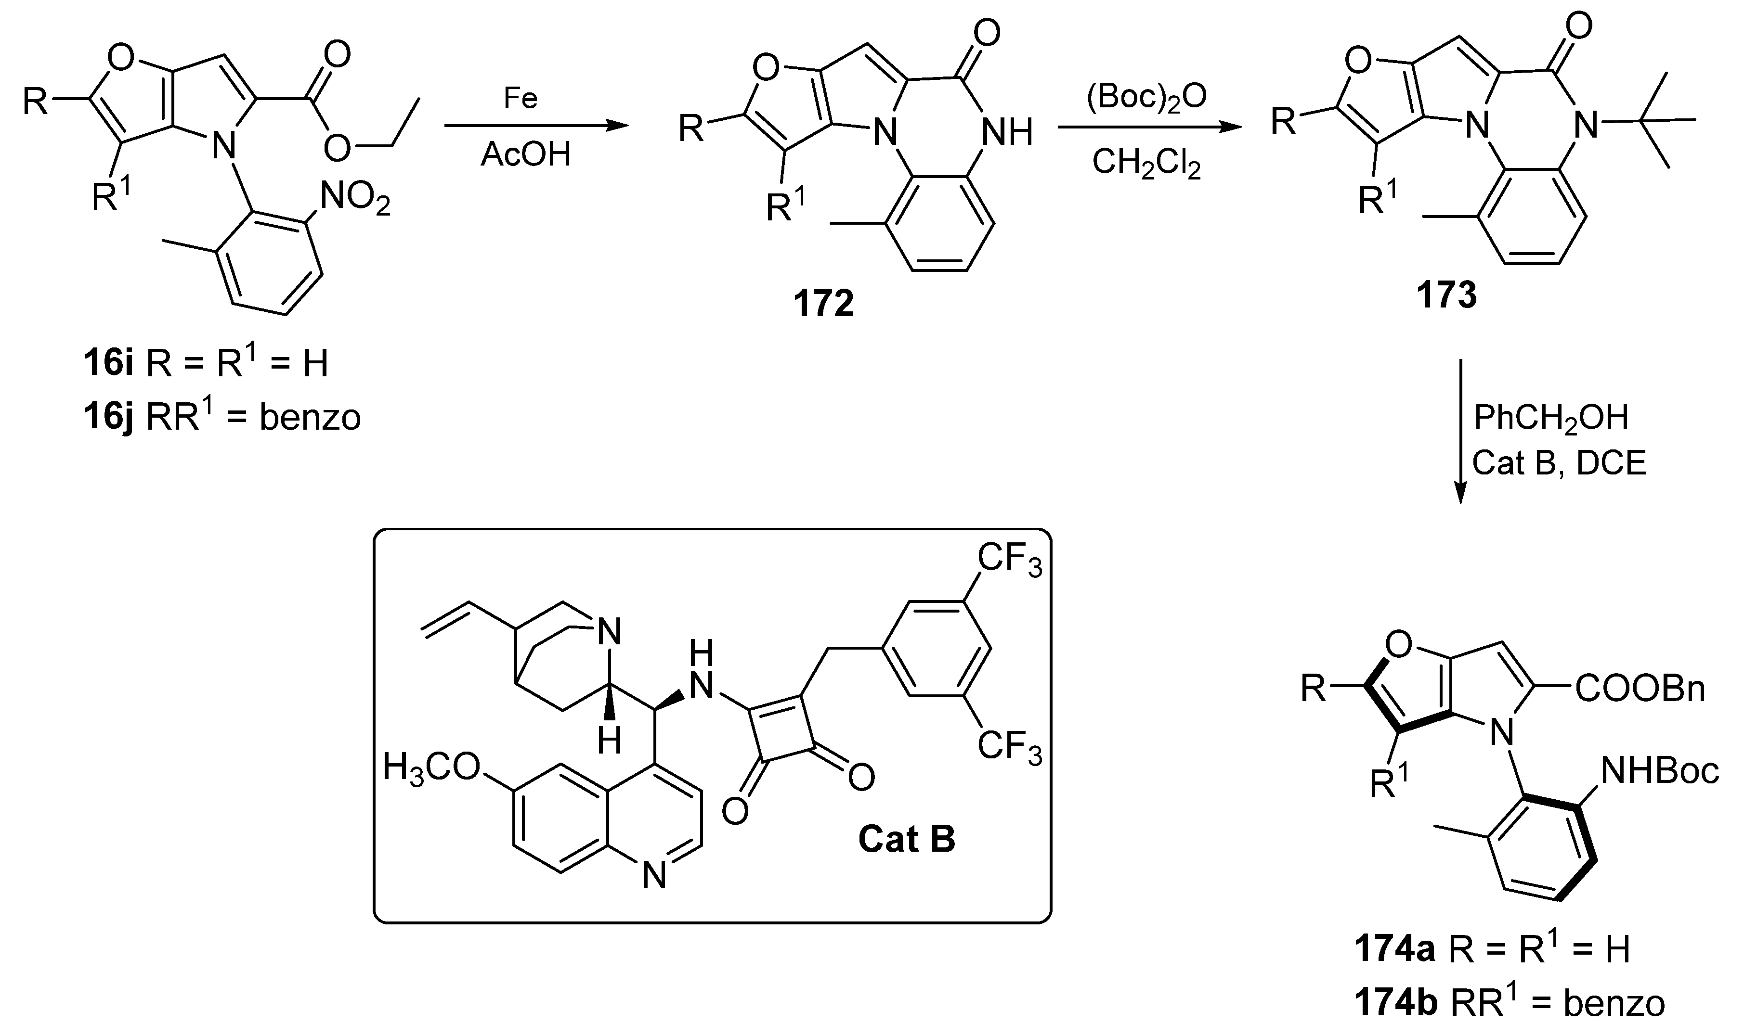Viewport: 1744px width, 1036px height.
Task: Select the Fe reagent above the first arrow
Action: pyautogui.click(x=521, y=99)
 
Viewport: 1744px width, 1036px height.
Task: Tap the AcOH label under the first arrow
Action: pyautogui.click(x=525, y=154)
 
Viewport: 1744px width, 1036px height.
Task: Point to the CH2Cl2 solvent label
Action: pyautogui.click(x=1146, y=164)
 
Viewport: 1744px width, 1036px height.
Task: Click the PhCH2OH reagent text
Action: pyautogui.click(x=1550, y=418)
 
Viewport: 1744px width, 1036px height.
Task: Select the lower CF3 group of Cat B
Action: pyautogui.click(x=1009, y=747)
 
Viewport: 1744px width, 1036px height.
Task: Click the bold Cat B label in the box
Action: pyautogui.click(x=906, y=839)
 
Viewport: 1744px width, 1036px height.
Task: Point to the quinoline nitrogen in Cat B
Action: pyautogui.click(x=654, y=875)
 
